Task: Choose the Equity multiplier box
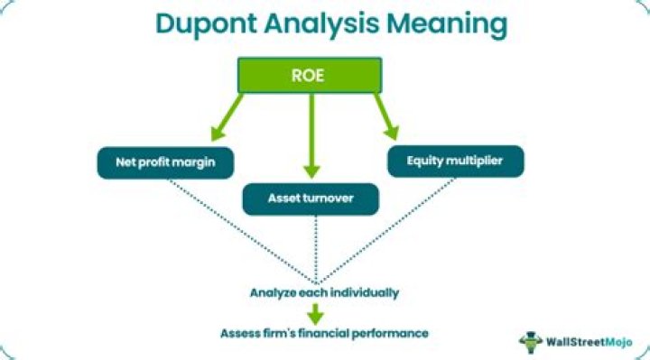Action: tap(456, 161)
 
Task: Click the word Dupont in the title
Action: tap(202, 23)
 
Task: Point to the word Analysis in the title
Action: tap(328, 23)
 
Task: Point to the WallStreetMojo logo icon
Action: tap(530, 341)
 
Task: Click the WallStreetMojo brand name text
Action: tap(586, 341)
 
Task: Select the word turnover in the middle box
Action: tap(334, 198)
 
